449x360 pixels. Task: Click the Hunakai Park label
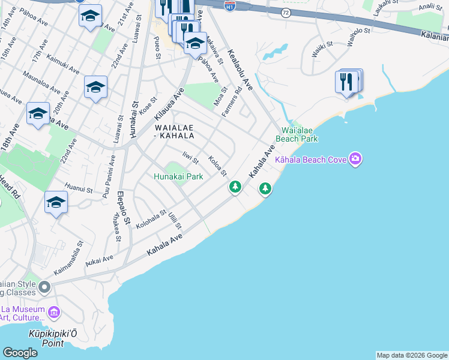tap(178, 176)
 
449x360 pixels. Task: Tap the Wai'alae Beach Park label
tap(297, 134)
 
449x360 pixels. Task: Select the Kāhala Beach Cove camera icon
tap(355, 159)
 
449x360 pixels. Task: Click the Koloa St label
tap(217, 166)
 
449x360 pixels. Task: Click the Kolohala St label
tap(151, 220)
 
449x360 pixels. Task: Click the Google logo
tap(20, 353)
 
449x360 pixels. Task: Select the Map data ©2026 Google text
tap(412, 355)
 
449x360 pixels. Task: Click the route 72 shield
tap(285, 12)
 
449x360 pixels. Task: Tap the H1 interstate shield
tap(229, 5)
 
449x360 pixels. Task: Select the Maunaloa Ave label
tap(41, 81)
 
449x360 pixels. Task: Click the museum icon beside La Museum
tap(54, 312)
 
